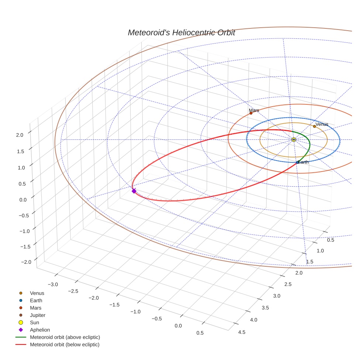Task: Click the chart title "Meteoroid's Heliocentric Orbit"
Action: click(181, 32)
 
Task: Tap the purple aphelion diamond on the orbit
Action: click(134, 191)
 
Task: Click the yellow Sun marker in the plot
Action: click(294, 139)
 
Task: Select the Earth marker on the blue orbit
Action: click(297, 162)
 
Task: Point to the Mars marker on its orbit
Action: click(251, 113)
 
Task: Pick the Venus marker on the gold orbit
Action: click(314, 126)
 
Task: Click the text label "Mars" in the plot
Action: click(254, 110)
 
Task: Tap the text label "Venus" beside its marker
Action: click(322, 124)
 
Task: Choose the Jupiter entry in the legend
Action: click(37, 315)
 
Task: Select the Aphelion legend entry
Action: click(39, 330)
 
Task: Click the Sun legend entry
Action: click(35, 322)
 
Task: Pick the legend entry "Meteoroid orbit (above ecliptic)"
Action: click(65, 337)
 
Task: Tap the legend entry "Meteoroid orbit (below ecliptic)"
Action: click(65, 345)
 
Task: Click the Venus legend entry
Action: click(37, 293)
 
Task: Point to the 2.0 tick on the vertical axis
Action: click(20, 135)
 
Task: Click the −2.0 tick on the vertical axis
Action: click(26, 262)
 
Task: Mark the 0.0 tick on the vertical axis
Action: click(23, 200)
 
